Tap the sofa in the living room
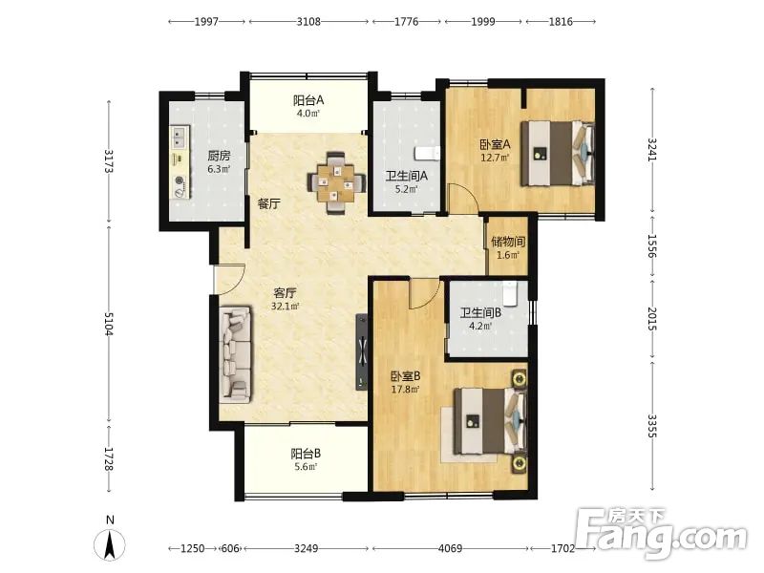point(235,354)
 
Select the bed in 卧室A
point(558,153)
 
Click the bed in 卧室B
point(490,421)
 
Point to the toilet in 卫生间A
point(427,154)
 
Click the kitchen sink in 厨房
point(180,137)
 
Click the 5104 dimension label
point(109,324)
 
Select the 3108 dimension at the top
point(308,21)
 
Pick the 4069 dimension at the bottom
point(450,548)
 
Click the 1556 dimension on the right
point(652,246)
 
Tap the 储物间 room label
point(508,242)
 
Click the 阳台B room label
point(306,454)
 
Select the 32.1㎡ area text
point(285,307)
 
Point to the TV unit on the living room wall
point(362,351)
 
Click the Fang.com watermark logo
point(661,534)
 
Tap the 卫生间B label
point(481,313)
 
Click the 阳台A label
point(308,100)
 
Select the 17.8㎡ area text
point(405,390)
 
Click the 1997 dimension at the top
point(206,21)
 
